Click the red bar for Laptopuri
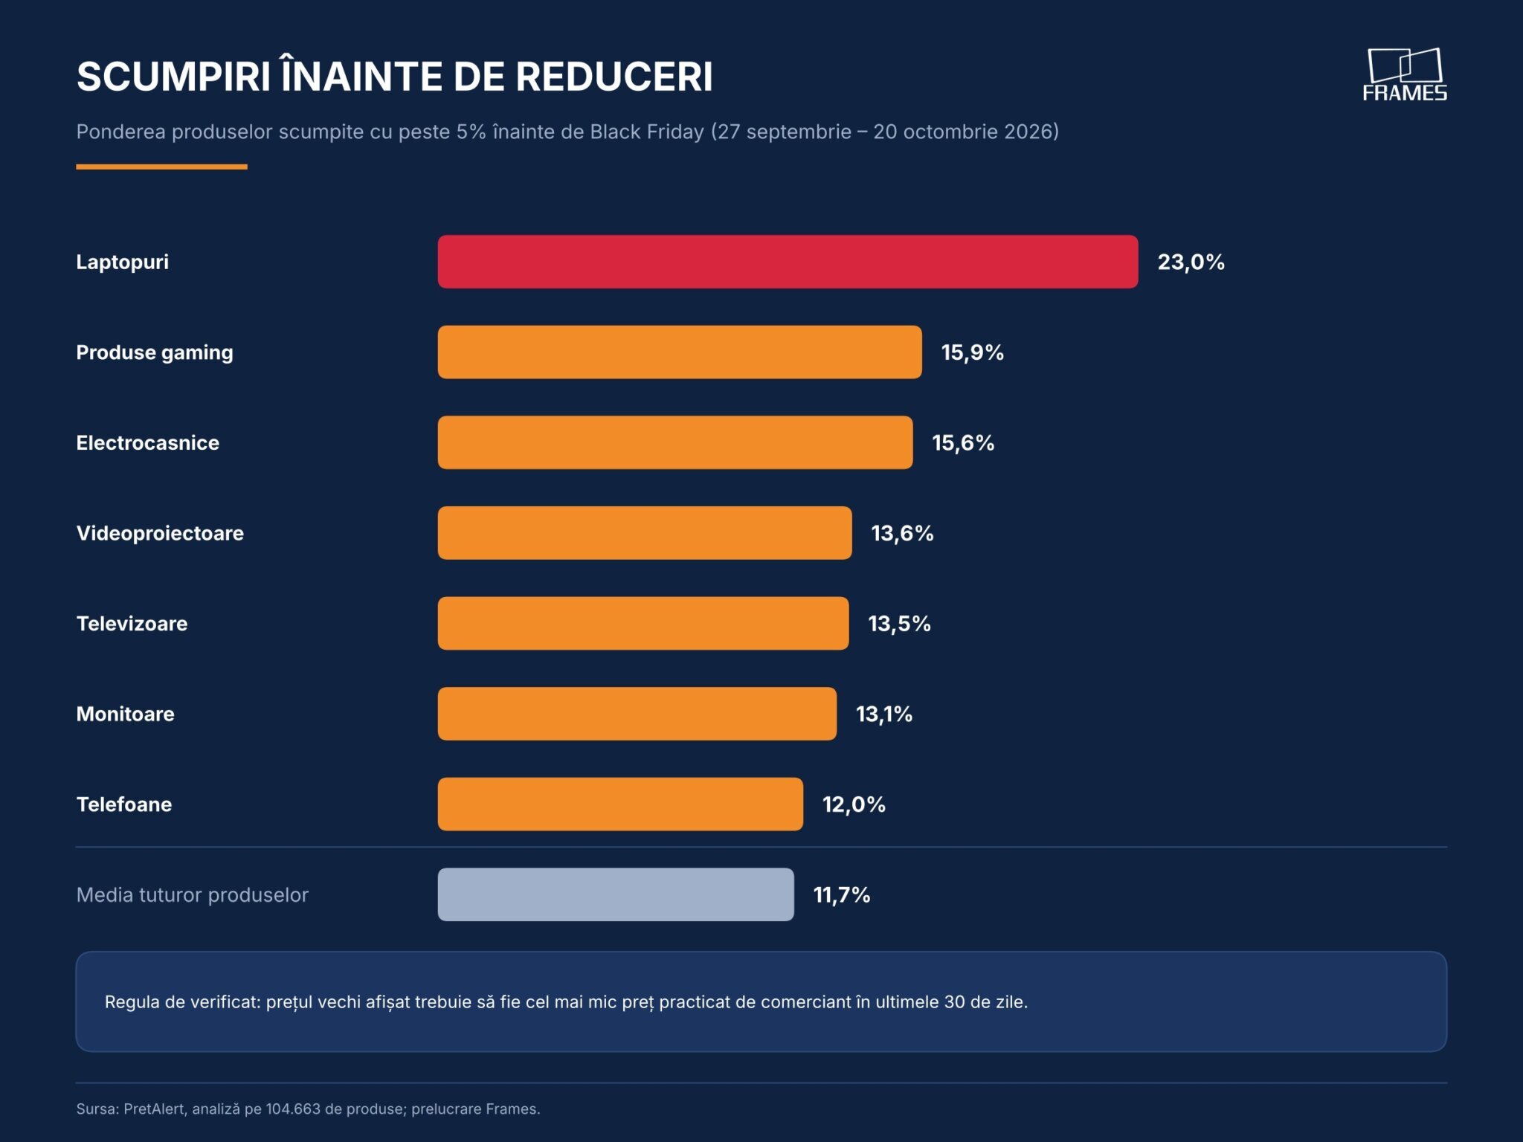click(x=788, y=262)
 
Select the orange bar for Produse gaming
click(x=680, y=352)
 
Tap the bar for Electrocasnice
click(x=675, y=442)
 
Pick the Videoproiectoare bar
click(x=645, y=533)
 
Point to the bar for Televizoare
click(x=643, y=623)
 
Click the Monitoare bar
click(x=637, y=714)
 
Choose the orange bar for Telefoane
click(x=620, y=804)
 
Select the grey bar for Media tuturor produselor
click(x=616, y=894)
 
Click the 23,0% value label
click(x=1191, y=262)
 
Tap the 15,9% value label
click(x=973, y=352)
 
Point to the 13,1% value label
click(x=884, y=714)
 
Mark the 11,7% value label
click(x=842, y=894)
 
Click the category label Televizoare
click(x=132, y=623)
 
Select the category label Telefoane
click(x=124, y=804)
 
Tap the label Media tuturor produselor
click(x=192, y=894)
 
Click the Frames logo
click(x=1405, y=74)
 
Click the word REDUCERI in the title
click(x=614, y=76)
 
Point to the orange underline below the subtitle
click(x=161, y=167)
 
